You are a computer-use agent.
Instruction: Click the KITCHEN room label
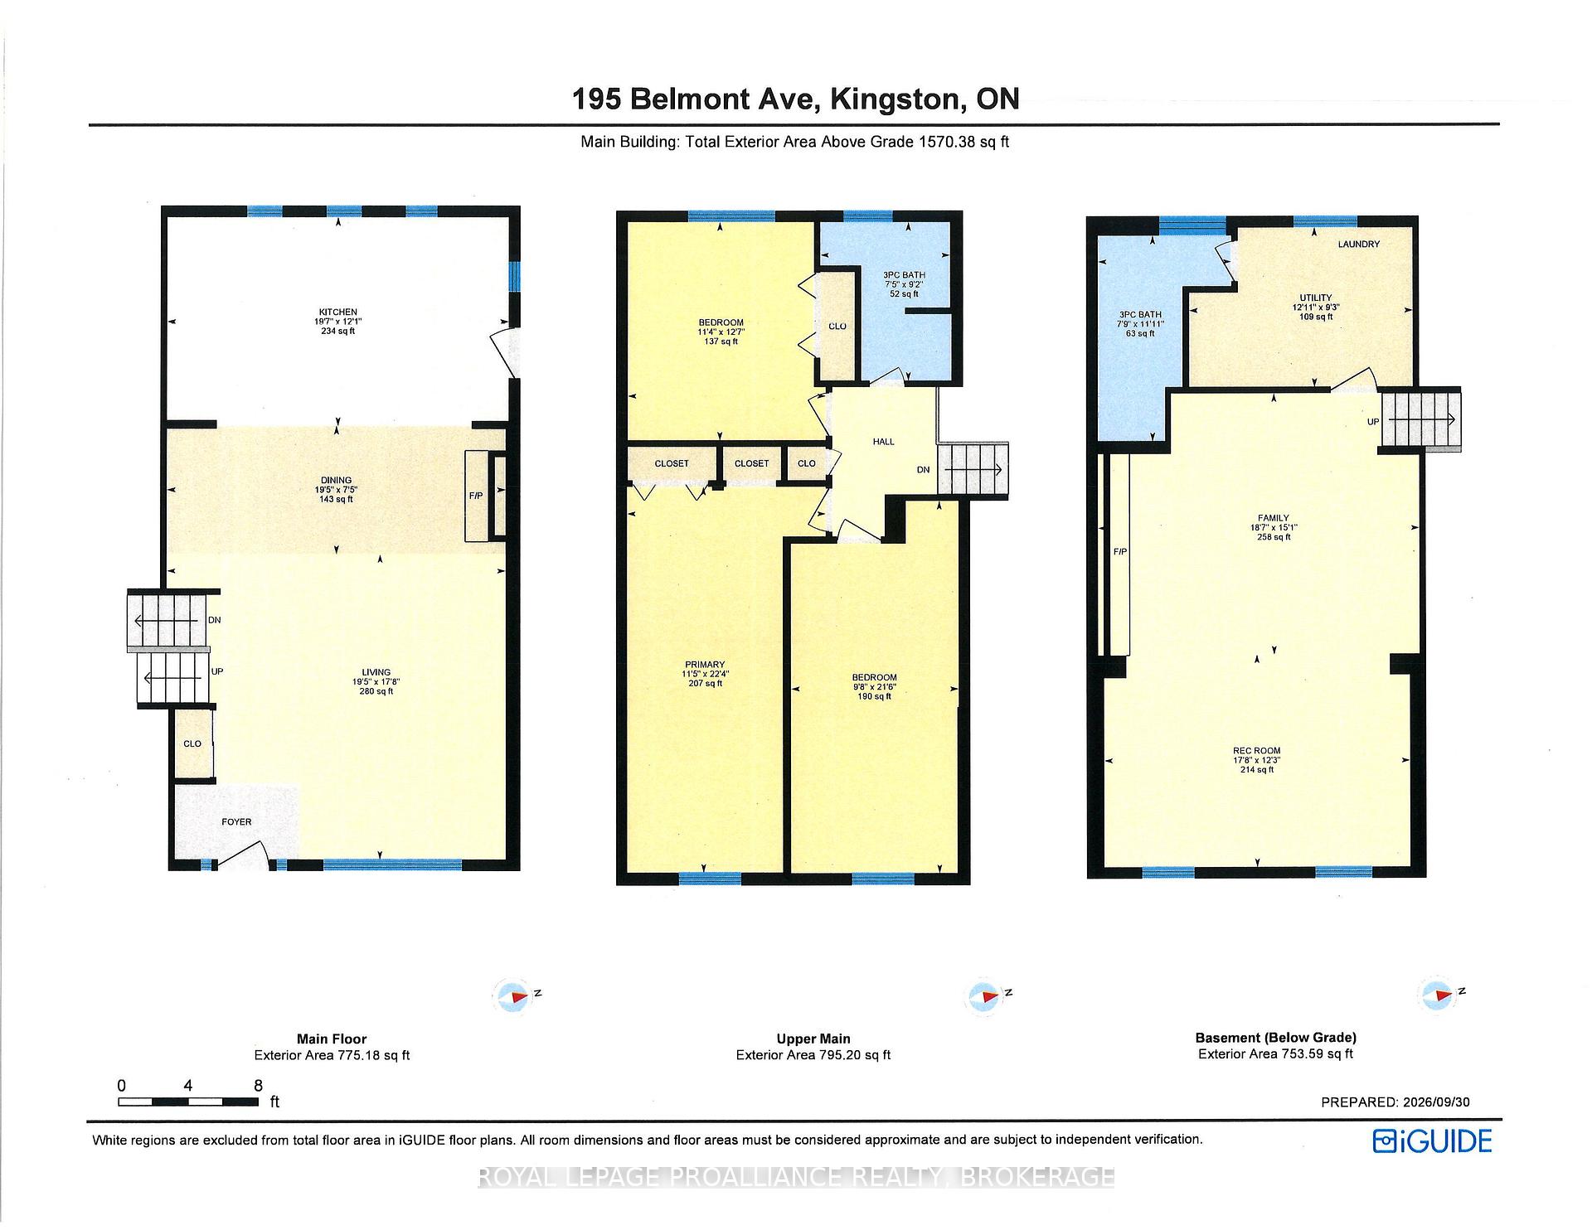[337, 312]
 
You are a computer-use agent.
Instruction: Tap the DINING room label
[337, 480]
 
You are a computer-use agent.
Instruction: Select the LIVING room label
[376, 672]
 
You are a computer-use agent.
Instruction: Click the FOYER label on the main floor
[236, 822]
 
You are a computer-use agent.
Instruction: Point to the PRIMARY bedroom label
[705, 665]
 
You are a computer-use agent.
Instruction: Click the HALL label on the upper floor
[884, 442]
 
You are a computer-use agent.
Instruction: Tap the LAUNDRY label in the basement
[1358, 245]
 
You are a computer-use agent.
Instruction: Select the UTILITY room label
[1316, 298]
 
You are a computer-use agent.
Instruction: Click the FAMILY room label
[1274, 518]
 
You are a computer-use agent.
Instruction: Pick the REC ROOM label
[1257, 751]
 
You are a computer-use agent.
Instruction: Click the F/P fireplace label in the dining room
[476, 496]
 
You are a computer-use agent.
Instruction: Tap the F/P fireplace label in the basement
[1119, 552]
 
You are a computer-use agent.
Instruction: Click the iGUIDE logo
[1432, 1141]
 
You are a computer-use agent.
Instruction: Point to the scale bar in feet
[187, 1102]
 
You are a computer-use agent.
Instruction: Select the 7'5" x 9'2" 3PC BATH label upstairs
[904, 284]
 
